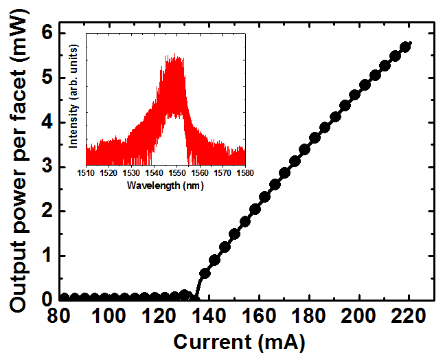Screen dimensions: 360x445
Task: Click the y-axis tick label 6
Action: pyautogui.click(x=45, y=32)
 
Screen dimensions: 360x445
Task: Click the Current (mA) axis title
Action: pyautogui.click(x=238, y=341)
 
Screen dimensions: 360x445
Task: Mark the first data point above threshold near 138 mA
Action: pyautogui.click(x=204, y=273)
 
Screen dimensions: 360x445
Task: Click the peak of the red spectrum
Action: pyautogui.click(x=176, y=55)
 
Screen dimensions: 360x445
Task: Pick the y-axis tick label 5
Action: pyautogui.click(x=45, y=77)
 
